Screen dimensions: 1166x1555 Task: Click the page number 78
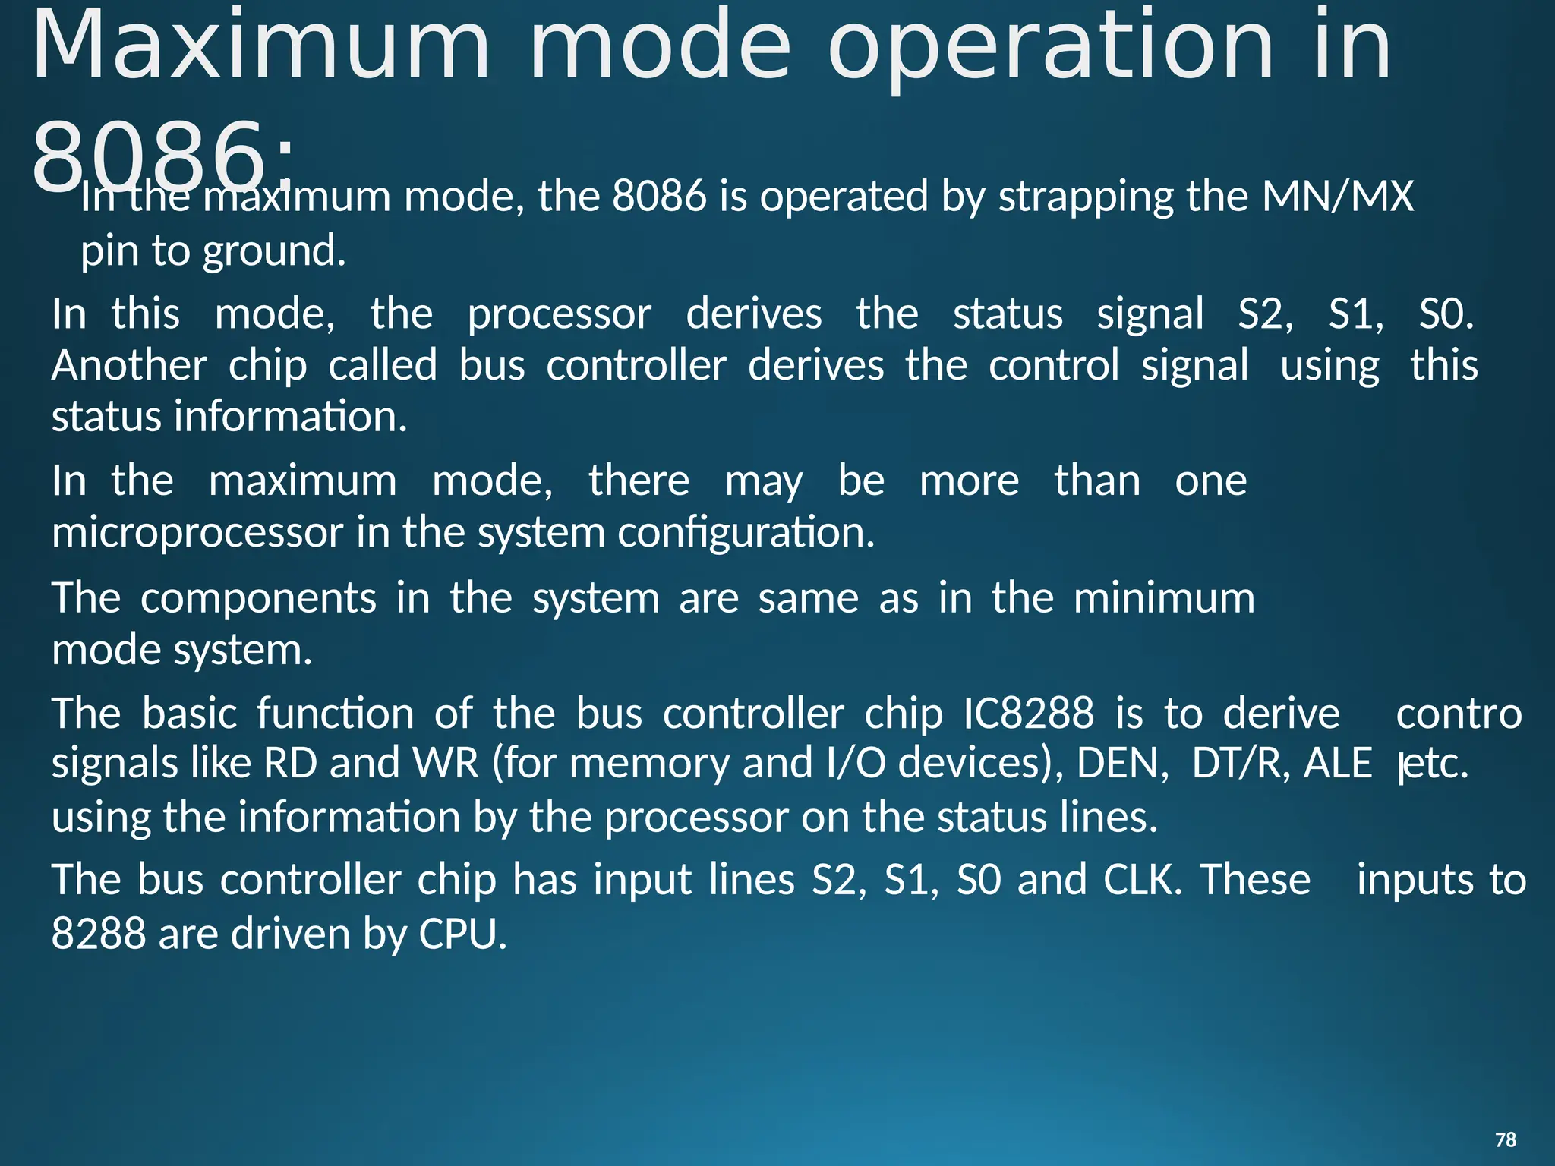(x=1505, y=1139)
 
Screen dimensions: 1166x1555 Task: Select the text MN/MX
(x=1337, y=196)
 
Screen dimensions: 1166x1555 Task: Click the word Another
(x=129, y=365)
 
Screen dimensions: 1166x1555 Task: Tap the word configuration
(x=746, y=533)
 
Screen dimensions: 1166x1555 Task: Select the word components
(x=258, y=599)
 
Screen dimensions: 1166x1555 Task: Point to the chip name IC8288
(x=1028, y=714)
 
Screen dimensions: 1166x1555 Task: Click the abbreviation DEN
(x=1122, y=764)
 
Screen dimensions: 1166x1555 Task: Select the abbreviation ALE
(x=1337, y=764)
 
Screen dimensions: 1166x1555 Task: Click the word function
(x=335, y=714)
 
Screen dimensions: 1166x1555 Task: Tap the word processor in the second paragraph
(x=559, y=315)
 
